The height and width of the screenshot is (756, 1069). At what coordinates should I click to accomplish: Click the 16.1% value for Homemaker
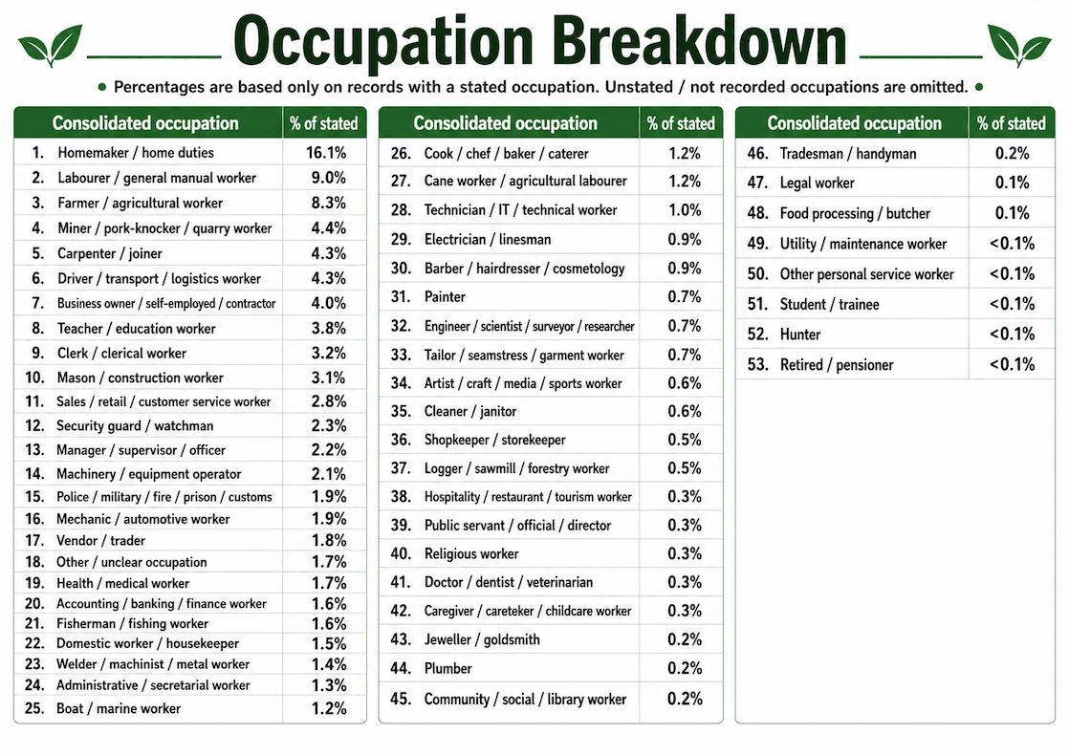326,152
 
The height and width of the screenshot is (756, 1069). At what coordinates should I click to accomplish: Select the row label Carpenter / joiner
110,253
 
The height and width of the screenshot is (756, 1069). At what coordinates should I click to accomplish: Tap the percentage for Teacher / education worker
329,328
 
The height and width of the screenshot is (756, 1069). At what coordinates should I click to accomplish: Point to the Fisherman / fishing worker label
132,623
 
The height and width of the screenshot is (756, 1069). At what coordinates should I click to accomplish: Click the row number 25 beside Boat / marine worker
34,708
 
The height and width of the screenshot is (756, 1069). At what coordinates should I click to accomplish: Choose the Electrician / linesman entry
488,239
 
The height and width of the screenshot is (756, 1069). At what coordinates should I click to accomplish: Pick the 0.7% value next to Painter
685,296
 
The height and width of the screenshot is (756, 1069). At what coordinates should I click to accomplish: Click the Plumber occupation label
447,668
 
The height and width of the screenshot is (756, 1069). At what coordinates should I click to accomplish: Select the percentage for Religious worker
685,553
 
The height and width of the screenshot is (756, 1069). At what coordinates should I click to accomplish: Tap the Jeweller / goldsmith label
482,639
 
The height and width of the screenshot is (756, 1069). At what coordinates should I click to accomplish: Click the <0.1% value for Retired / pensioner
1012,364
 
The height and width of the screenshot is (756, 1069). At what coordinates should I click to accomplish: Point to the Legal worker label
817,183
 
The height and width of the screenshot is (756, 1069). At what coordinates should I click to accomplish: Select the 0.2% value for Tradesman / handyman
1012,153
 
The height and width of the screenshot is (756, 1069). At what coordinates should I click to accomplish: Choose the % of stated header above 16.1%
324,123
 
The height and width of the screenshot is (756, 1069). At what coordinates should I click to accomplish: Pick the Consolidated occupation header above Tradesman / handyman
854,123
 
